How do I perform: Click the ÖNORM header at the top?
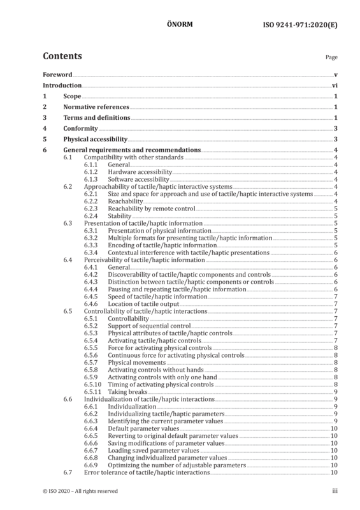[180, 24]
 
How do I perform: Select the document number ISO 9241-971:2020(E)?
[300, 25]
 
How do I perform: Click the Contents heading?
[62, 56]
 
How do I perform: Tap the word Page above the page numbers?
[331, 57]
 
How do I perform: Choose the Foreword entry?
[57, 75]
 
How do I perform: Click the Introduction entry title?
[62, 85]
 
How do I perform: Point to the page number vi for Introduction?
[335, 85]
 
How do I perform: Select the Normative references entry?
[96, 106]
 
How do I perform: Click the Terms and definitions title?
[97, 117]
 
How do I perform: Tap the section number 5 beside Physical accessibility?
[45, 139]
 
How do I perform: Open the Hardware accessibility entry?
[140, 172]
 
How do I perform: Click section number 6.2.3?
[90, 208]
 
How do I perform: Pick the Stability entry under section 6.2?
[120, 216]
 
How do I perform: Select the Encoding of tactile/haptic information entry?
[162, 245]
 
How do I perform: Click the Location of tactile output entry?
[143, 304]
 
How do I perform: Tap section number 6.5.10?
[92, 384]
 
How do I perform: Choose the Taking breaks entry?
[128, 392]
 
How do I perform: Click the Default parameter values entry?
[143, 428]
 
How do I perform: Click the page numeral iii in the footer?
[335, 490]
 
